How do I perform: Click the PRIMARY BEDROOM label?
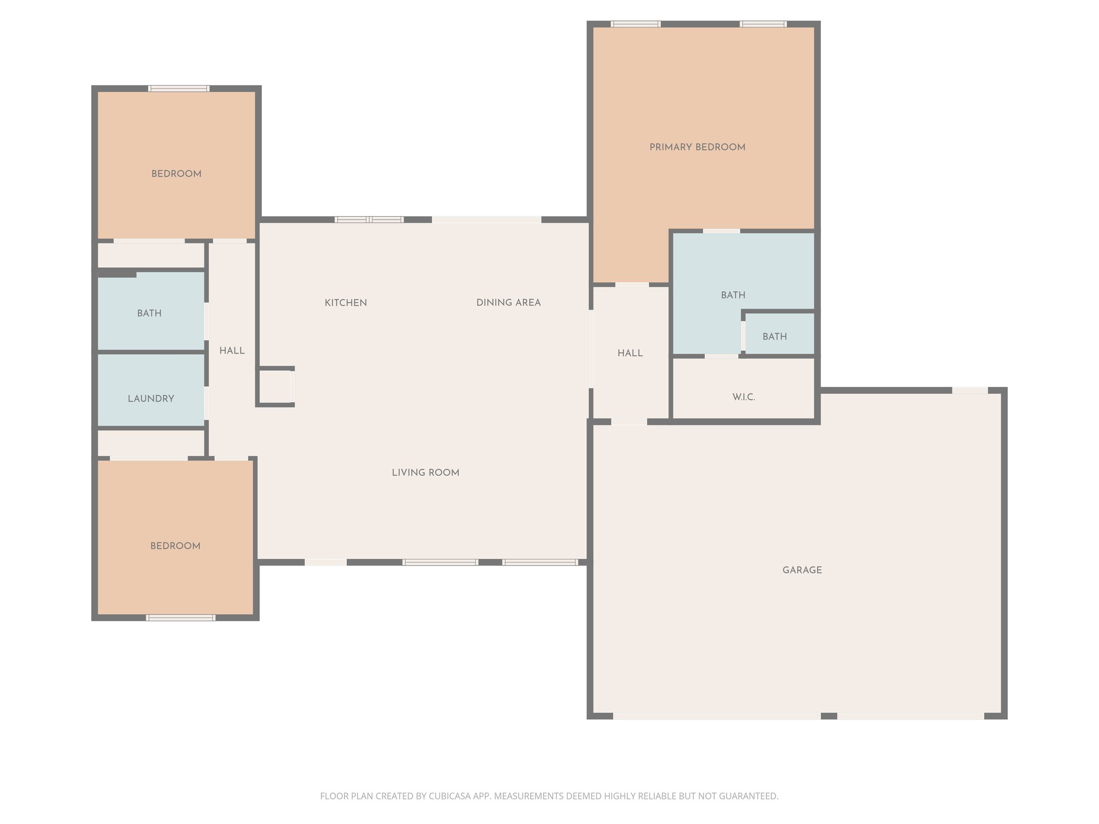click(697, 147)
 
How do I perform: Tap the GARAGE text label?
click(802, 570)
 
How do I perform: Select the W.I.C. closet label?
click(743, 397)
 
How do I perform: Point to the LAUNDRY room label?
click(151, 399)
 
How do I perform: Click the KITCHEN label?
click(346, 303)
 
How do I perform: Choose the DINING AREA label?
click(508, 303)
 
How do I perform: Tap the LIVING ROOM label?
click(425, 473)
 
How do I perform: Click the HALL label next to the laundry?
click(232, 351)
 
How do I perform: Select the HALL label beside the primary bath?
click(630, 353)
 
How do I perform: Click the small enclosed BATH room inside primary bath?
click(774, 336)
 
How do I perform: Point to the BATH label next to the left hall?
click(149, 313)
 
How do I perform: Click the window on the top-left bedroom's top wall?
click(179, 89)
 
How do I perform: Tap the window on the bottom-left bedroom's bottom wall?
click(181, 617)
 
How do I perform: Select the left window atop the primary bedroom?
click(635, 24)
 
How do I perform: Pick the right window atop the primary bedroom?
click(763, 24)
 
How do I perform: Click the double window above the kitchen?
click(369, 219)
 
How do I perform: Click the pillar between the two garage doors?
click(829, 716)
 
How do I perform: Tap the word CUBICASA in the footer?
click(449, 796)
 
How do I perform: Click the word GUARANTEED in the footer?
click(748, 796)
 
